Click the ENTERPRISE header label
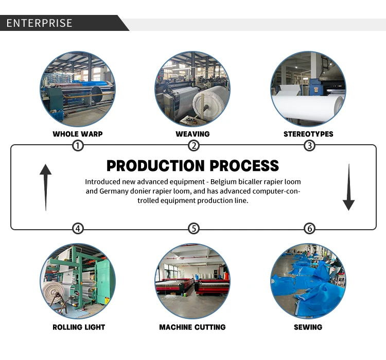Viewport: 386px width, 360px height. click(40, 23)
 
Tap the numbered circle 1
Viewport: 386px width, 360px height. click(78, 146)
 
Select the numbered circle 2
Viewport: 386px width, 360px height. click(194, 146)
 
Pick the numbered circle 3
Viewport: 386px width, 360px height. click(309, 146)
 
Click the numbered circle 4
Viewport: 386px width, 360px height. click(78, 228)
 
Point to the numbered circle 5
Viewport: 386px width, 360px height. click(194, 228)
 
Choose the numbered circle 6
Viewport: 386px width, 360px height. click(309, 228)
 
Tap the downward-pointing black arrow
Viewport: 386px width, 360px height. click(348, 187)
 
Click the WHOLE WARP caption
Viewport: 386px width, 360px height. click(78, 134)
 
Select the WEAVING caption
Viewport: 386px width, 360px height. click(192, 134)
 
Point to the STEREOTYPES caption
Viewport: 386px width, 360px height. click(308, 134)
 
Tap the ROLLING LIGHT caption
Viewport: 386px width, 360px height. click(79, 327)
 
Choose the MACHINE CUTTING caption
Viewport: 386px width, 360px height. click(192, 327)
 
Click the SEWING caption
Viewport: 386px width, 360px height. click(308, 327)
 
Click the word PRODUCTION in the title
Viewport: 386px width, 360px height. click(148, 166)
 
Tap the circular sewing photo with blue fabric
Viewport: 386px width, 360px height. click(308, 281)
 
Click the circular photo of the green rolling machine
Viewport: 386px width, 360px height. click(78, 281)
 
